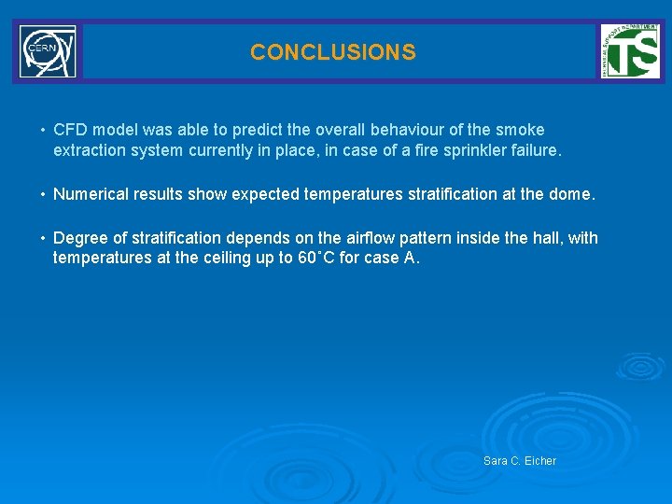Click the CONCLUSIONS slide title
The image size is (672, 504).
[x=332, y=52]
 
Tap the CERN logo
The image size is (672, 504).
[x=48, y=51]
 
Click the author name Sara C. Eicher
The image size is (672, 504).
[x=520, y=461]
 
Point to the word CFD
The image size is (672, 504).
[x=70, y=130]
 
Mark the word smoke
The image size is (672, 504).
[x=521, y=130]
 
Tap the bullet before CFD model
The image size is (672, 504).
[x=42, y=131]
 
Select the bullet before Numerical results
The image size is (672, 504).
[x=42, y=195]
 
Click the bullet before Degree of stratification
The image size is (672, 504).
[x=42, y=239]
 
